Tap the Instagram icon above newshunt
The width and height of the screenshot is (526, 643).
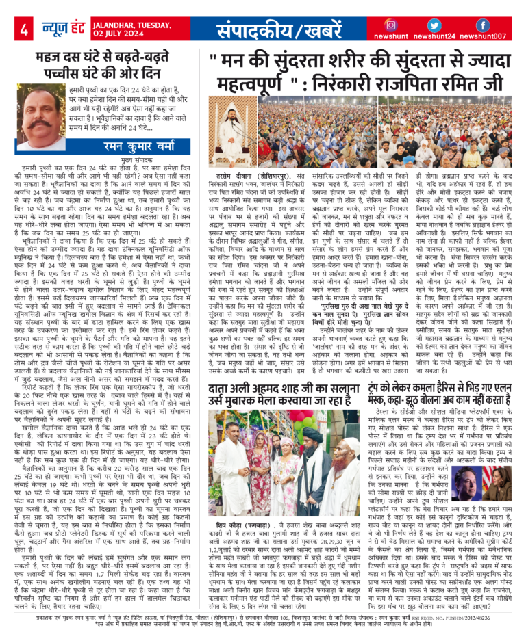392,25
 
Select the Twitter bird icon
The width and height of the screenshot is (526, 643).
436,25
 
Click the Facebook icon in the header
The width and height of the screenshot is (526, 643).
483,25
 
